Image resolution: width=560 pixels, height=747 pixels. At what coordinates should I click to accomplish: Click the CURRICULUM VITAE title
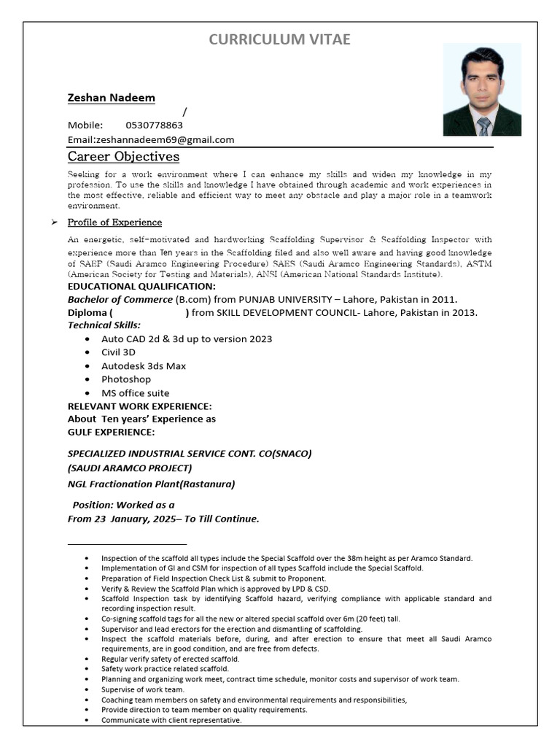tap(279, 39)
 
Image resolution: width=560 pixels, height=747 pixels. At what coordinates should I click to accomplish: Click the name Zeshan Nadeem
tap(111, 98)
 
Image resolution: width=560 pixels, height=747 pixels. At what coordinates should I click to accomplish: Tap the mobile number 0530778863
tap(154, 125)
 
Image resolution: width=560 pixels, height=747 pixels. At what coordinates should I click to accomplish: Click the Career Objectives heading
tap(123, 157)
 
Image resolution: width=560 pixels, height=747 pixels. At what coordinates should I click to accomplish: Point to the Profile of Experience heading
tap(114, 222)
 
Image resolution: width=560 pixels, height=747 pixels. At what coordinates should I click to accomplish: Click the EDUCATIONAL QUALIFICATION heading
tap(141, 287)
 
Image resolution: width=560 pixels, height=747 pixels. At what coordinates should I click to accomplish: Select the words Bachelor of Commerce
tap(120, 300)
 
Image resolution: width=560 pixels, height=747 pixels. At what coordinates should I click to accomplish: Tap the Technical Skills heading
tap(104, 325)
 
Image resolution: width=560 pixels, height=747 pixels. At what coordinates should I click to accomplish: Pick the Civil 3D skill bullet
tap(118, 352)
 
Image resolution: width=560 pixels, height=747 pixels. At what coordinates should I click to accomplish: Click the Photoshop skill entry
tap(126, 379)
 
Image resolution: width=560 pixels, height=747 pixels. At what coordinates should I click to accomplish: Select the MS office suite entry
tap(135, 393)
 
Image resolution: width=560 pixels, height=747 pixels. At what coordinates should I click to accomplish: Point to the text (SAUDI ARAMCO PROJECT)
tap(130, 468)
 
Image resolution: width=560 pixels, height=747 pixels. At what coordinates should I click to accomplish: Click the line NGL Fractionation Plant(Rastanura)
tap(151, 484)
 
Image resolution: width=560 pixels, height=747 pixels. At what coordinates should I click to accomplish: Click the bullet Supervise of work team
tap(143, 689)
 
